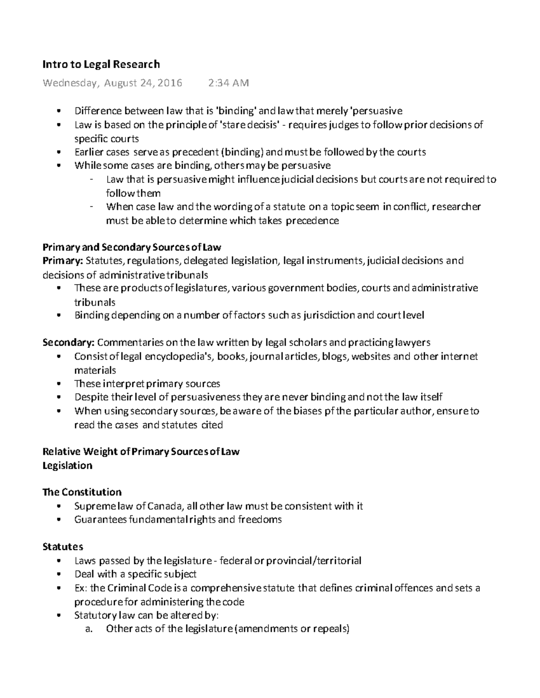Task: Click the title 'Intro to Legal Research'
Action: click(101, 64)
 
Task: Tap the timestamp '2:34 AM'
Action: click(228, 83)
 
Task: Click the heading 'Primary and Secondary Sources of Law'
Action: click(131, 247)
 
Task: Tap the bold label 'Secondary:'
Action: click(68, 342)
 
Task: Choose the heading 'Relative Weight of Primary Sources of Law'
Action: click(140, 452)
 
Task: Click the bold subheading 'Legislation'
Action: click(67, 466)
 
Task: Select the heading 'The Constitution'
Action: click(82, 492)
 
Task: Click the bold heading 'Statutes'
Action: click(63, 547)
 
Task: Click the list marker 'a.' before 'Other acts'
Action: click(89, 629)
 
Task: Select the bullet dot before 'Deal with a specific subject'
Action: click(59, 574)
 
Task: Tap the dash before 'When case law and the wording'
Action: click(92, 207)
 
